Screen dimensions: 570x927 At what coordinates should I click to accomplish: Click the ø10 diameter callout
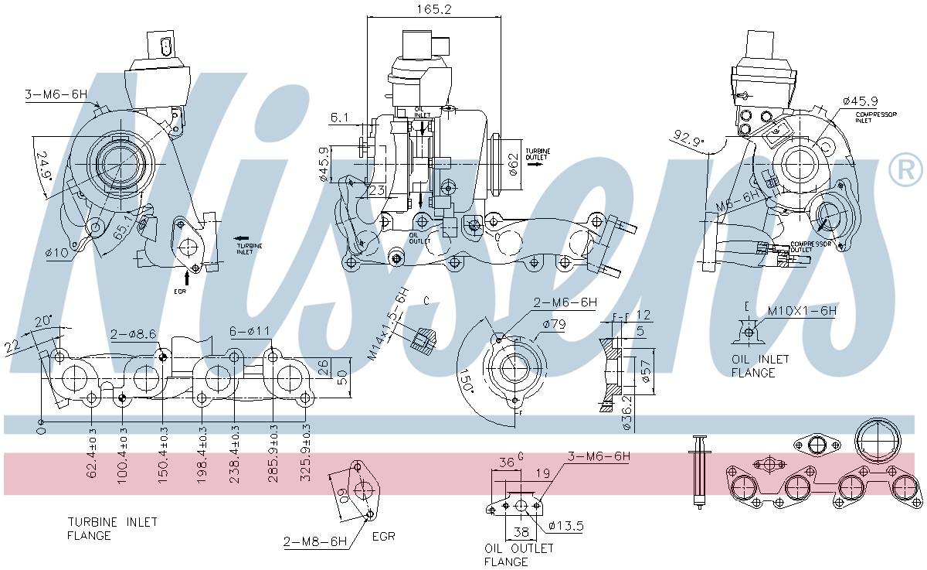point(58,251)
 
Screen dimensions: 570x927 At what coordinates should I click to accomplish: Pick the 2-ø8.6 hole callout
point(133,335)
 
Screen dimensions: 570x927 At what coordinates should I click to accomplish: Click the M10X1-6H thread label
point(803,311)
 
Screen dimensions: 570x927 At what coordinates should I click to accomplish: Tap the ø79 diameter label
point(553,325)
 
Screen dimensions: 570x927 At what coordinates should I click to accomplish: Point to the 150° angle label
point(465,381)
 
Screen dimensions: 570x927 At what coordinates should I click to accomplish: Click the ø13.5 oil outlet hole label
point(565,527)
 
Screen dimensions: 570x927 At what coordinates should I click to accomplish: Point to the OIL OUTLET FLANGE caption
point(518,555)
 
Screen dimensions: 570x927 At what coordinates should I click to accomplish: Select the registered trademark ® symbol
point(905,171)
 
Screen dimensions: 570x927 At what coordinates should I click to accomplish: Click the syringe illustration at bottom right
point(700,470)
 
